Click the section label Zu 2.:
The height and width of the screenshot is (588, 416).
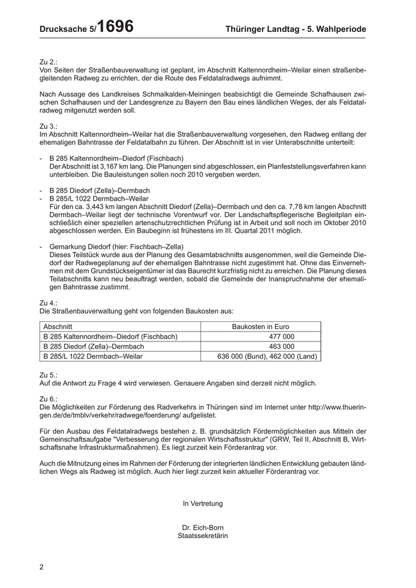tap(49, 61)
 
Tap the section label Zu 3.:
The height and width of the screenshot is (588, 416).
tap(49, 127)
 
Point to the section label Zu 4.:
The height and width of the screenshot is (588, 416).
tap(49, 303)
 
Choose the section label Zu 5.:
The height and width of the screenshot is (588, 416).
tap(49, 375)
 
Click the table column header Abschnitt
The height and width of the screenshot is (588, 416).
tap(58, 326)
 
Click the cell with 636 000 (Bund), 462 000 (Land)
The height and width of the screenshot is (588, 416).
tap(268, 356)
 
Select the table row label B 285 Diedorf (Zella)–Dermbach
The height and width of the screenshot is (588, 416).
tap(94, 346)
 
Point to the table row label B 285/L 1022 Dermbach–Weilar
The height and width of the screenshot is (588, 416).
tap(93, 356)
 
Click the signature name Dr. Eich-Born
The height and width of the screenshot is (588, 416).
tap(203, 527)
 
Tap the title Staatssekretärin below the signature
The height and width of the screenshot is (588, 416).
tap(203, 535)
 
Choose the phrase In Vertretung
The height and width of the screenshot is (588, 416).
tap(203, 503)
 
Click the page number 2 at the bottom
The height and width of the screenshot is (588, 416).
tap(42, 567)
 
